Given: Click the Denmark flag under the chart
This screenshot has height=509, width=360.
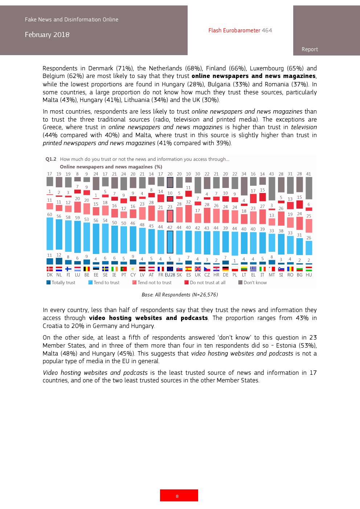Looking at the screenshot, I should tap(50, 269).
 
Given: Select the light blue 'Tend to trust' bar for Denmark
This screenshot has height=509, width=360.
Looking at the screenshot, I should tap(50, 234).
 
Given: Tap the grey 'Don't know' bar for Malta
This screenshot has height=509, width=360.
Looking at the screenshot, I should tap(271, 189).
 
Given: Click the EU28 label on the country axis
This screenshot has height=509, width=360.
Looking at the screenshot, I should tap(170, 275).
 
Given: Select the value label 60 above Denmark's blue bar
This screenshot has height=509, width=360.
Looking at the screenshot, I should tap(50, 214).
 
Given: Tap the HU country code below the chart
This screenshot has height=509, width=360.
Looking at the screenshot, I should tap(309, 275).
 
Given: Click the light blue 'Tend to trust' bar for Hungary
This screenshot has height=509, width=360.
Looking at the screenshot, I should tap(309, 248).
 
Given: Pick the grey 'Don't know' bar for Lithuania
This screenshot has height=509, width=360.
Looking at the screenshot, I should tap(244, 186).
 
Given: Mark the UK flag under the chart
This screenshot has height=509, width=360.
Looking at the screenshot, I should tap(198, 269).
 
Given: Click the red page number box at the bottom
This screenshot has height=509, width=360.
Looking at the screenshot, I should tap(179, 495).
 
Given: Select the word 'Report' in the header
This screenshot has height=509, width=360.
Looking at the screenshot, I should tap(310, 49).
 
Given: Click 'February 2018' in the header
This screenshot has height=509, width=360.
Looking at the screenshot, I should tap(47, 35).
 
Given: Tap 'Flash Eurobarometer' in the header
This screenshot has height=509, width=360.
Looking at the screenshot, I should tap(234, 30).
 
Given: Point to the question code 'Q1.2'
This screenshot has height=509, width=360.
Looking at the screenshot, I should tap(51, 159).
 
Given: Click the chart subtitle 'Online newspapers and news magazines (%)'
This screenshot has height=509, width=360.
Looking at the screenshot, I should tap(111, 167).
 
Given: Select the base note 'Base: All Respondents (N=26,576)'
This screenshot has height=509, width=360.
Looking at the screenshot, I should tap(180, 295).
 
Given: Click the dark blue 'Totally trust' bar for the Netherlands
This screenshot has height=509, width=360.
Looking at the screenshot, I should tap(59, 261).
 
